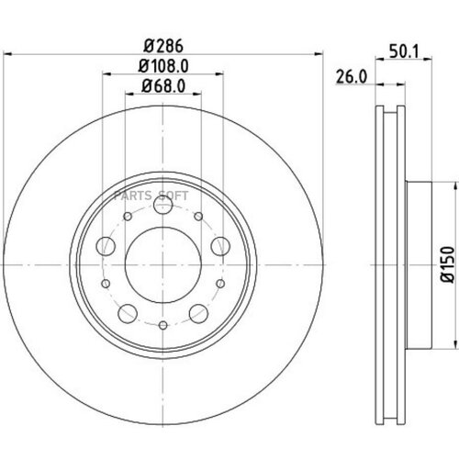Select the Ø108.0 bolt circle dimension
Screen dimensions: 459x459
tap(161, 65)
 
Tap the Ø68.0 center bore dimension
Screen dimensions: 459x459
tap(161, 87)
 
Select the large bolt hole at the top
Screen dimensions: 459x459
tap(162, 208)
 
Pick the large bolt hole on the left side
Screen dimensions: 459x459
tap(105, 245)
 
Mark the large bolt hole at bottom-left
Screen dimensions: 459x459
tap(126, 311)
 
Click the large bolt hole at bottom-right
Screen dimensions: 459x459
tap(197, 311)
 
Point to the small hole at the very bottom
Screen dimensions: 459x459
tap(162, 325)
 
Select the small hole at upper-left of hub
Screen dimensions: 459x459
tap(123, 213)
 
